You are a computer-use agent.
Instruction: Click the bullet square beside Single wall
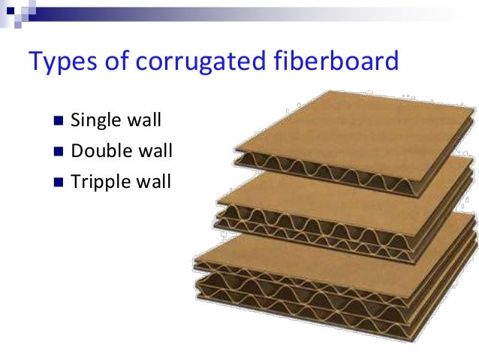pyautogui.click(x=60, y=120)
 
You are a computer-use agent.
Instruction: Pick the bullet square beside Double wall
pyautogui.click(x=60, y=151)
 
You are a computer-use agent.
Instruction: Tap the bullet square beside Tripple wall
pyautogui.click(x=60, y=182)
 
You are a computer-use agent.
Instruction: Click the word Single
pyautogui.click(x=95, y=120)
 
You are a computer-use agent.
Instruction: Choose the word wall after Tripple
pyautogui.click(x=155, y=182)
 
